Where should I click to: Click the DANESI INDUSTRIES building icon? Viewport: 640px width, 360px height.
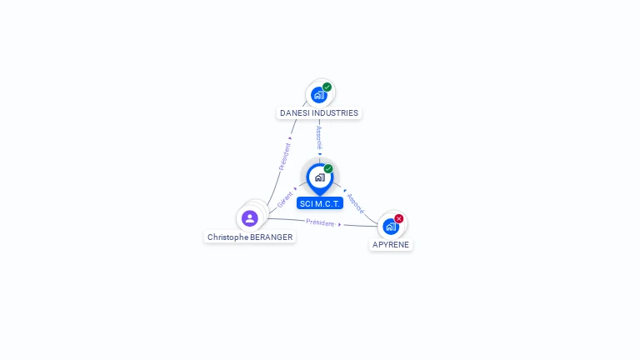coord(318,95)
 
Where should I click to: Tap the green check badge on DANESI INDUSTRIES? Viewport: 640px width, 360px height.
coord(327,87)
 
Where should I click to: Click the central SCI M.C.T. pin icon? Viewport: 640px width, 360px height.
coord(319,177)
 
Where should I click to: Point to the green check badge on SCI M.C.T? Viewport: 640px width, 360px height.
coord(328,169)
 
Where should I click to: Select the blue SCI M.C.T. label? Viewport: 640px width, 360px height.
coord(320,203)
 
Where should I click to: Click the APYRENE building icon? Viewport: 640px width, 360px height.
coord(390,227)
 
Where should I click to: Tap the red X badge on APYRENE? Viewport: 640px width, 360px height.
coord(398,218)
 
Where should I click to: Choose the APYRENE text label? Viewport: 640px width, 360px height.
coord(391,245)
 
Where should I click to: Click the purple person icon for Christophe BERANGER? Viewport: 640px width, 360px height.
coord(249,218)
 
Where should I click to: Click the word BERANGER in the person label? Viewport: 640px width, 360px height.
coord(272,237)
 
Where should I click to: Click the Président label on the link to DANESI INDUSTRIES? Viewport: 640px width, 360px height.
coord(284,157)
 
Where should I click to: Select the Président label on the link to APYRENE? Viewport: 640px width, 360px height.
coord(320,222)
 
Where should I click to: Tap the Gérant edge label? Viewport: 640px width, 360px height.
coord(285,200)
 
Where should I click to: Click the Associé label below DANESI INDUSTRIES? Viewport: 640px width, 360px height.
coord(319,137)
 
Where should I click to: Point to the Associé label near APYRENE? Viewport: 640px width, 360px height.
coord(356,202)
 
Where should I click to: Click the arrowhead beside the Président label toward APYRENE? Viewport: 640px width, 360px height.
coord(340,224)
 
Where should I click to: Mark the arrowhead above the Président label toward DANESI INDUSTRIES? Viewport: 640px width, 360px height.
coord(290,138)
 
